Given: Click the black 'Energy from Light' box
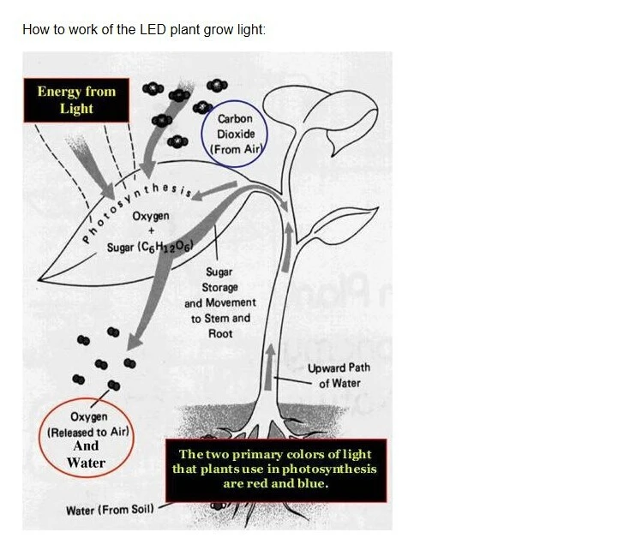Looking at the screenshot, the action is [x=76, y=100].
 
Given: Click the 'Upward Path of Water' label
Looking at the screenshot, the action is [x=339, y=376].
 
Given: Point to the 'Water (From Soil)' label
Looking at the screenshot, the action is [x=110, y=510].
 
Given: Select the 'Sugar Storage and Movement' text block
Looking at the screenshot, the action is [x=220, y=302].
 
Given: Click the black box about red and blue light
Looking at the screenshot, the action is [x=276, y=469].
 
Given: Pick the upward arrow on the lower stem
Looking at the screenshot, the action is [x=270, y=367].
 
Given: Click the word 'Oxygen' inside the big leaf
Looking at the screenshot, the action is [x=151, y=216].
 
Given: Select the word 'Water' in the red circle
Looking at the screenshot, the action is [x=86, y=463].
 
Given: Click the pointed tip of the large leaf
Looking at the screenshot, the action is [x=39, y=279].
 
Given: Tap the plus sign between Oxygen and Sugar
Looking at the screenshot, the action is [x=151, y=230].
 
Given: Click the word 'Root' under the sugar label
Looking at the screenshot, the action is [x=220, y=333].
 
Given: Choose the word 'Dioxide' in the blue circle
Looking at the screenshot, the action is [x=236, y=134].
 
